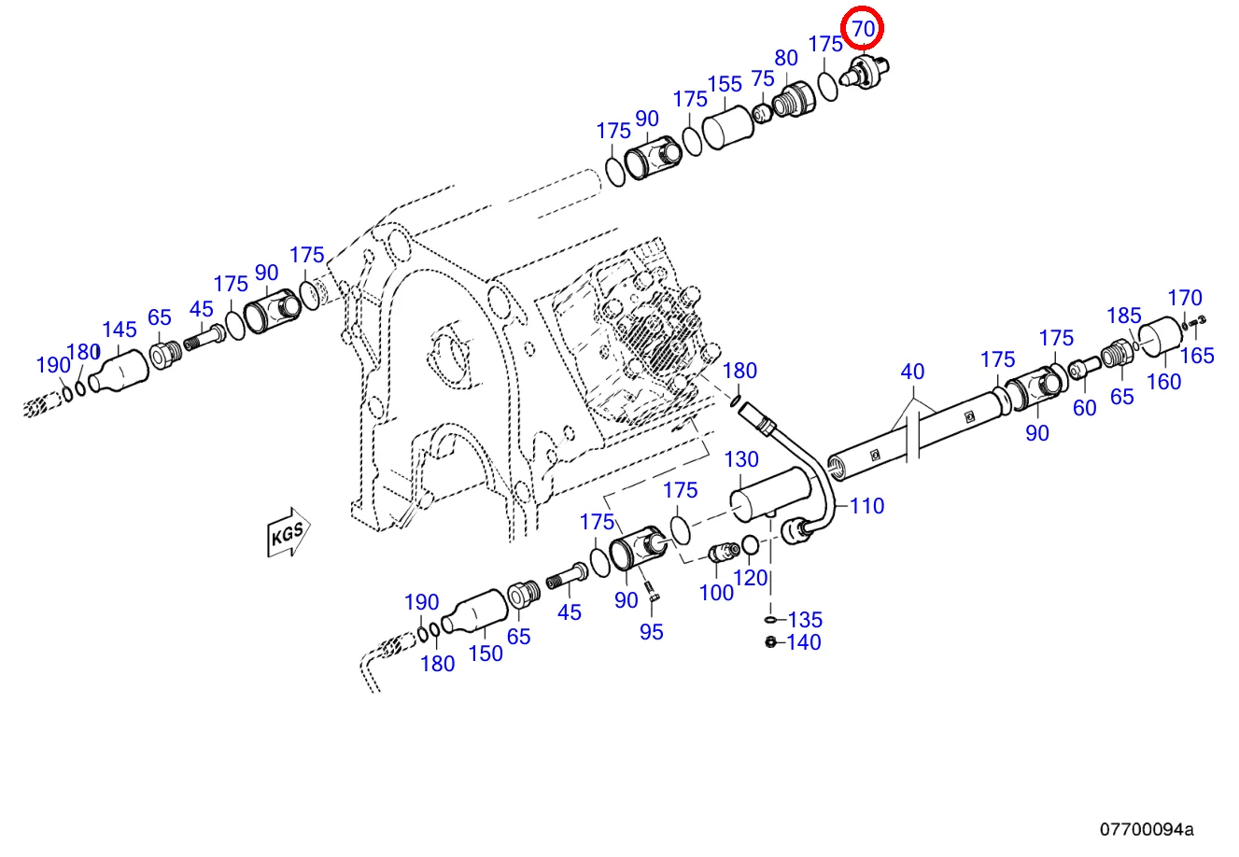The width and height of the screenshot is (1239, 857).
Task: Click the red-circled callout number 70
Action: pyautogui.click(x=863, y=29)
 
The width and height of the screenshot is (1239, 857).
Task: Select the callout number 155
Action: pyautogui.click(x=724, y=84)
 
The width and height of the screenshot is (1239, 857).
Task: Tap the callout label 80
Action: pyautogui.click(x=786, y=59)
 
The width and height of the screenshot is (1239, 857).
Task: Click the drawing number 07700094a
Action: pyautogui.click(x=1146, y=829)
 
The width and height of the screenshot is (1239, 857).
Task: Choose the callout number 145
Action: pyautogui.click(x=120, y=330)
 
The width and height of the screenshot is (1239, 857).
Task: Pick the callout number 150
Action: pyautogui.click(x=486, y=653)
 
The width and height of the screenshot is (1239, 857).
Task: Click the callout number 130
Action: pyautogui.click(x=742, y=459)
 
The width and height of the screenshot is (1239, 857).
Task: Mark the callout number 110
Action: pyautogui.click(x=866, y=506)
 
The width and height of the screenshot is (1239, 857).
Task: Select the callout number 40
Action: pyautogui.click(x=912, y=372)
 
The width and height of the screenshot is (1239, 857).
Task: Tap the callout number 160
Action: pyautogui.click(x=1163, y=381)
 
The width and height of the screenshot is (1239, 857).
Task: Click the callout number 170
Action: pyautogui.click(x=1185, y=299)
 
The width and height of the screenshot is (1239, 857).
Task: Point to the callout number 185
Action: pyautogui.click(x=1124, y=315)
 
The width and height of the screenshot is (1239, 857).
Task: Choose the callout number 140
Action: pyautogui.click(x=803, y=642)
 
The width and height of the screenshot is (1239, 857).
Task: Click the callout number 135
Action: pyautogui.click(x=804, y=620)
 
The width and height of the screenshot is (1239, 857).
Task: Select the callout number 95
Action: pyautogui.click(x=651, y=632)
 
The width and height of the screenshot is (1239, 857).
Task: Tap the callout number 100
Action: pyautogui.click(x=716, y=593)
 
